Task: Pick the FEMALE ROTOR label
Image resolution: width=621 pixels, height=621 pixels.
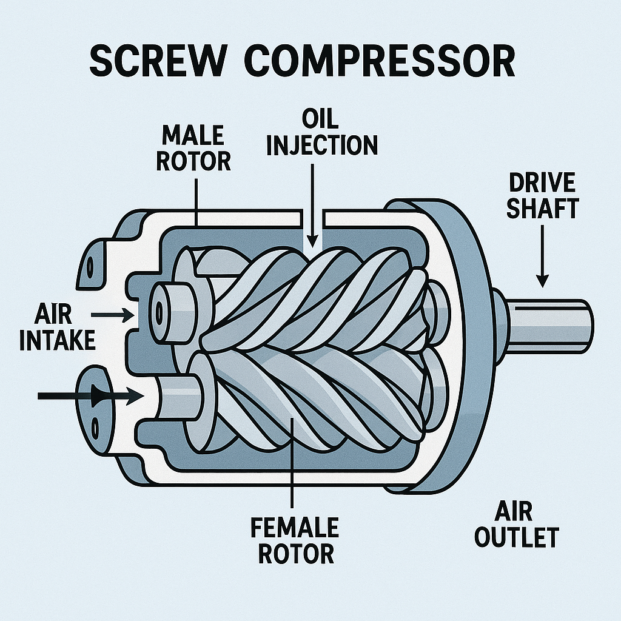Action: coord(294,540)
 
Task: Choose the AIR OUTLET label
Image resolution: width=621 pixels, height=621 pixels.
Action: coord(516,525)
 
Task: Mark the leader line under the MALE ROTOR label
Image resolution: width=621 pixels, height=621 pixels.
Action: coord(196,200)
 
